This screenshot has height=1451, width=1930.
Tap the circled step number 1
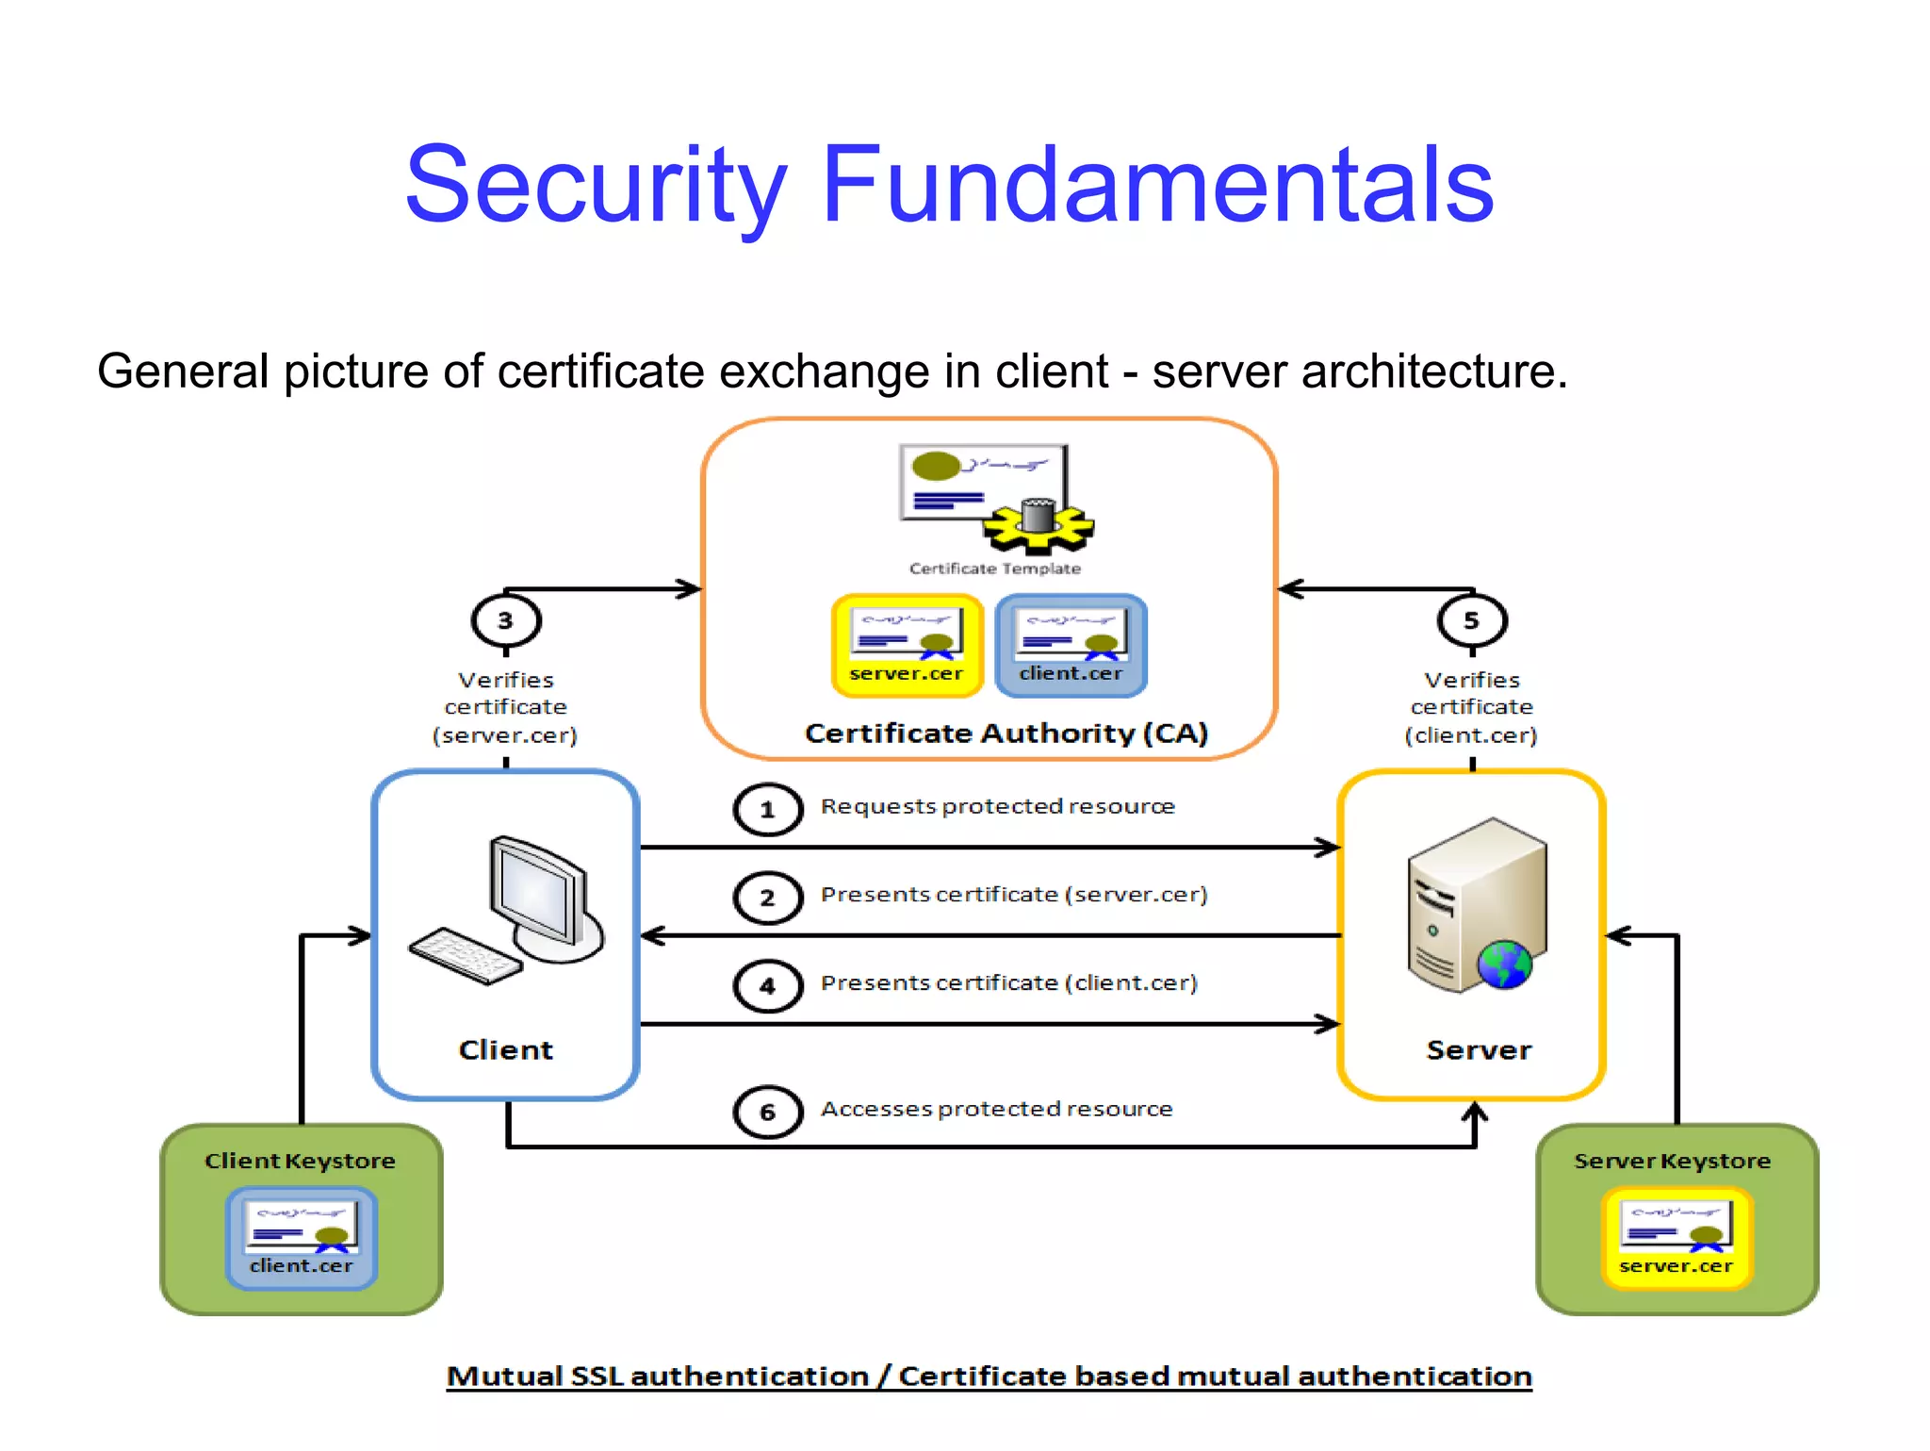coord(767,809)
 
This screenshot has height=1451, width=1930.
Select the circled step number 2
coord(767,897)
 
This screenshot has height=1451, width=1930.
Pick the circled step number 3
coord(506,620)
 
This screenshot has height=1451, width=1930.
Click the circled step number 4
coord(767,985)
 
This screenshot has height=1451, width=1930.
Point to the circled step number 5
coord(1471,620)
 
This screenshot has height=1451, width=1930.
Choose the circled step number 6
coord(767,1112)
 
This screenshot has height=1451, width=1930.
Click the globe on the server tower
coord(1504,965)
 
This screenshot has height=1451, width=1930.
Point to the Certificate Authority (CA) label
coord(1006,734)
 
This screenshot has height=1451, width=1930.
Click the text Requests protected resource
coord(997,806)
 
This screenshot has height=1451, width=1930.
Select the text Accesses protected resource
coord(996,1109)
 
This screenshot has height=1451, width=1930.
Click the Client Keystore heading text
coord(300,1161)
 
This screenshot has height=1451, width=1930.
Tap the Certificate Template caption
coord(994,569)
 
